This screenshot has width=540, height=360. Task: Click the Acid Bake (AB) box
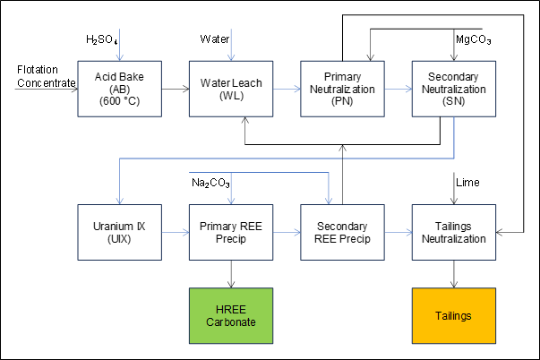(118, 89)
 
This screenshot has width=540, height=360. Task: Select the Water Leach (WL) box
(229, 89)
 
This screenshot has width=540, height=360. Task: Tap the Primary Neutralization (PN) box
(341, 89)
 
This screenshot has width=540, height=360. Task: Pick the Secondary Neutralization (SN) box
(453, 89)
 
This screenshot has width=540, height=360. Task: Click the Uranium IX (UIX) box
(118, 232)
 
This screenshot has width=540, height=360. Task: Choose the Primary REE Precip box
(229, 232)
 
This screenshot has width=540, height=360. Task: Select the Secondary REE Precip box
(341, 232)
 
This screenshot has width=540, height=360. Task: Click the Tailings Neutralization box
(453, 232)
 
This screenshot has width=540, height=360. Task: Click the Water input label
(214, 39)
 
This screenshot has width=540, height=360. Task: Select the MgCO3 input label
(474, 40)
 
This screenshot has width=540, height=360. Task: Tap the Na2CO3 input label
(211, 183)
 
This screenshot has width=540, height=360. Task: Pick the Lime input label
(468, 183)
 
